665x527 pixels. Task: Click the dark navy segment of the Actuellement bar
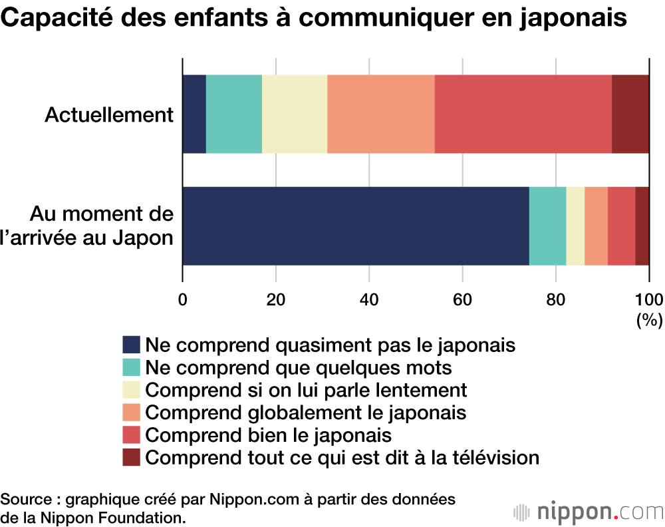tap(194, 114)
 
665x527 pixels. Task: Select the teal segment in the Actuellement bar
tap(234, 114)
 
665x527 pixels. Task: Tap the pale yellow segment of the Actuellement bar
tap(295, 114)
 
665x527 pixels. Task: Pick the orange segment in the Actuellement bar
tap(381, 114)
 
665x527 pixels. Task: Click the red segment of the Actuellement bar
tap(523, 114)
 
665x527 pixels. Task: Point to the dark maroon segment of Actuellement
tap(630, 114)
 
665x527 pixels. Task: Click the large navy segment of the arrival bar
tap(356, 226)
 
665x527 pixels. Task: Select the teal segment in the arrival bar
tap(547, 226)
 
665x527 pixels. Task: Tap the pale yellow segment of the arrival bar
tap(575, 226)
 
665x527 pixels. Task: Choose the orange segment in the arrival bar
tap(596, 226)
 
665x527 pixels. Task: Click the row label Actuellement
tap(109, 115)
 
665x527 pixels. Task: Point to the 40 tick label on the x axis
tap(369, 299)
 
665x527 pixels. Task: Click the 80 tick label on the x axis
tap(555, 299)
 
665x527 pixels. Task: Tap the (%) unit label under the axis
tap(649, 320)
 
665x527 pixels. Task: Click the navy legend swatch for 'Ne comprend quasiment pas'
tap(132, 345)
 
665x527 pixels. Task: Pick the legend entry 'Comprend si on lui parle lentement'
tap(306, 390)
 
